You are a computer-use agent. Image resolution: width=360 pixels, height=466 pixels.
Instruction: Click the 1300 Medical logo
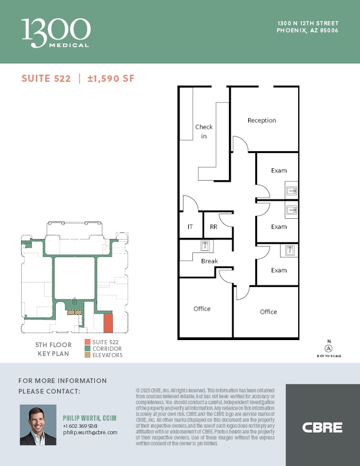[56, 32]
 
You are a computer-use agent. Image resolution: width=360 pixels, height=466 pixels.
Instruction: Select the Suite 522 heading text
[46, 79]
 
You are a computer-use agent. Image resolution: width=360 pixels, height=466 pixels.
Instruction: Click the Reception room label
[262, 121]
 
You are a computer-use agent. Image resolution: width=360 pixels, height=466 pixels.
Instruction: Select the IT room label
[190, 227]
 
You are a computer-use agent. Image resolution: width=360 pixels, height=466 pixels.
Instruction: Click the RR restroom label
[214, 227]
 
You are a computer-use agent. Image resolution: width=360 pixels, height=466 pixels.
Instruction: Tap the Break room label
[209, 261]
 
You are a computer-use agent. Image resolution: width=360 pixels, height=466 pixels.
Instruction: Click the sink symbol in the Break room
[206, 247]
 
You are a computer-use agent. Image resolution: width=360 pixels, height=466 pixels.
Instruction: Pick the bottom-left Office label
[202, 309]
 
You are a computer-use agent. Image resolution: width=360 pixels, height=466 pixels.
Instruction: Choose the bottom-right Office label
[268, 312]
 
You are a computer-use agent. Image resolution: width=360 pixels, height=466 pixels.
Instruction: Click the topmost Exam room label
[279, 171]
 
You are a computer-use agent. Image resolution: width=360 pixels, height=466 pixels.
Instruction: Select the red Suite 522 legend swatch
[87, 342]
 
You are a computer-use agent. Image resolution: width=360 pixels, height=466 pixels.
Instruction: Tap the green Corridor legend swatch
[87, 349]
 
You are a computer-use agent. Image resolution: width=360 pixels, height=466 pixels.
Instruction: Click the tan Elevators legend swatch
[87, 355]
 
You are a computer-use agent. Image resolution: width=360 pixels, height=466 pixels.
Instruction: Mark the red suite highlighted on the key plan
[108, 322]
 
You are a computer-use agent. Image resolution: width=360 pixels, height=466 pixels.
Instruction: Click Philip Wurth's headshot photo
[38, 425]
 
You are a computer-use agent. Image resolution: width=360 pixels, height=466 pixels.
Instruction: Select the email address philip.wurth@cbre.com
[90, 432]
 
